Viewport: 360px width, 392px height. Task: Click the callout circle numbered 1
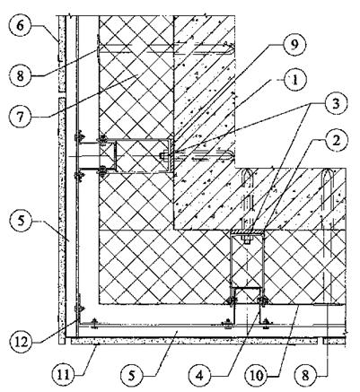click(x=294, y=80)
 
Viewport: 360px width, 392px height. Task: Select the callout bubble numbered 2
click(x=337, y=141)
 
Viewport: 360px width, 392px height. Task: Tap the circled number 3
click(x=336, y=104)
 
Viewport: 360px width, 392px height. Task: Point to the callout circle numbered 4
click(x=200, y=375)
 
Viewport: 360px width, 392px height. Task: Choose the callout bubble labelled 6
click(x=20, y=25)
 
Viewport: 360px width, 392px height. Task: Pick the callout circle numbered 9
click(x=294, y=45)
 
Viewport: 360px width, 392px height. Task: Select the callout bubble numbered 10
click(x=257, y=375)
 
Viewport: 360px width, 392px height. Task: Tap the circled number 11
click(x=64, y=374)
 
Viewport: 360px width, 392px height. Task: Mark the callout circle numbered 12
click(x=20, y=342)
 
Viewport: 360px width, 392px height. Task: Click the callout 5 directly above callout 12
click(x=20, y=223)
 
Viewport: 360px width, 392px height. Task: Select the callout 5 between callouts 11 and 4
click(x=132, y=375)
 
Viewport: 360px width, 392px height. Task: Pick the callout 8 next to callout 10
click(x=306, y=375)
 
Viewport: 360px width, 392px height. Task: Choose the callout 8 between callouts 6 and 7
click(x=20, y=75)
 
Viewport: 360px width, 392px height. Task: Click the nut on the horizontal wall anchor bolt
click(x=162, y=156)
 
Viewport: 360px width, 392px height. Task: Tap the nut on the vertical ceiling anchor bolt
click(x=247, y=240)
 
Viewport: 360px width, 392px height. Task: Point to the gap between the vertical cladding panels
click(x=62, y=94)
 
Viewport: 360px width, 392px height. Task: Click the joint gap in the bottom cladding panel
click(x=320, y=341)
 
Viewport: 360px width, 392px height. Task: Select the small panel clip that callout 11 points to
click(x=96, y=344)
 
